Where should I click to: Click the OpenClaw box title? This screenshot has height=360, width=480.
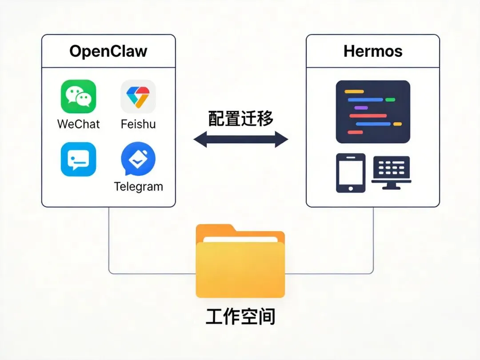point(108,51)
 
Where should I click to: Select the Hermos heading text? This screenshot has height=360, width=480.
point(373,51)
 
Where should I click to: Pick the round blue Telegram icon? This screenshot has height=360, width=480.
point(138,159)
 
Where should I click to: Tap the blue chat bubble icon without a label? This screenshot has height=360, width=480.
point(78,159)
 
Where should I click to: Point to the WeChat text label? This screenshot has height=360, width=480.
point(79,124)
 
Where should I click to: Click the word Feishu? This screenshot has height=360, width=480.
point(138,124)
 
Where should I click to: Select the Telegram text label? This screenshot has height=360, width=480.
point(138,186)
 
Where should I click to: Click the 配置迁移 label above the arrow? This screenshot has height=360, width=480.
point(240,119)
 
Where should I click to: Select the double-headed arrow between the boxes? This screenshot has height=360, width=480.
point(240,140)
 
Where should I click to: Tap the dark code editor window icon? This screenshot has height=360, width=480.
point(373,112)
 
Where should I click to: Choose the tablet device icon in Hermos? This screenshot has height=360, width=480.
point(351,173)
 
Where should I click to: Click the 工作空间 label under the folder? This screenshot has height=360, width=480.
point(240,317)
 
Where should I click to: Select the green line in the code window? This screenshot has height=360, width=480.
point(390,100)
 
